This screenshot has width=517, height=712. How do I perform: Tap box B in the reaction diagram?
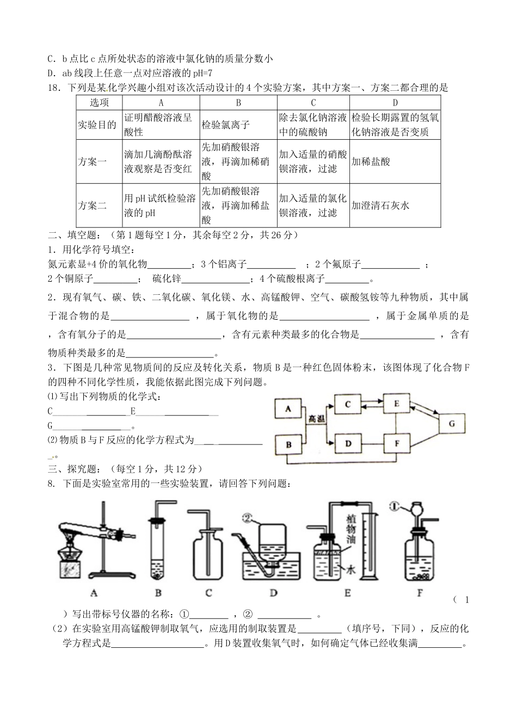290,445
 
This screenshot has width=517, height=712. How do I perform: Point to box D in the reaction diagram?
348,443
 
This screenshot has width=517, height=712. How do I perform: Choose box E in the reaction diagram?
397,404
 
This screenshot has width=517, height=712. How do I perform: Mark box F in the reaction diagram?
397,443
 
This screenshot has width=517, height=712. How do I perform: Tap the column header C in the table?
313,103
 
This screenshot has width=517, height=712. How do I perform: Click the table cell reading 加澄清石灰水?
380,206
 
